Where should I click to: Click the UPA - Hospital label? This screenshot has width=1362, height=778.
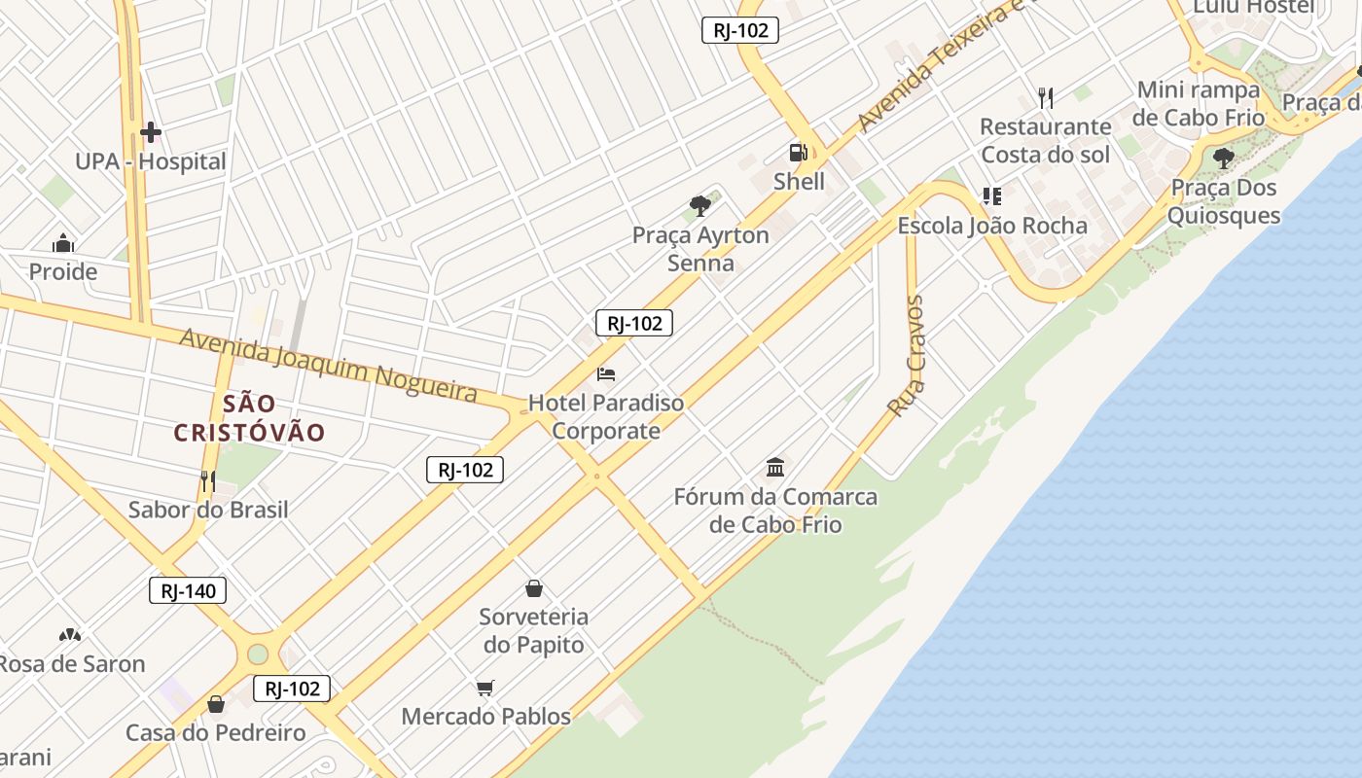[x=151, y=161]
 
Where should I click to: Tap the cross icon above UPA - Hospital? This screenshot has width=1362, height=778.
[x=151, y=131]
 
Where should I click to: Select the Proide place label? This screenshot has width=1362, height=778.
[x=63, y=271]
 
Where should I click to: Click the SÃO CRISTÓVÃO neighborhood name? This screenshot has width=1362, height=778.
[x=249, y=418]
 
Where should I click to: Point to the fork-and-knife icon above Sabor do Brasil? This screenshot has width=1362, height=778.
[x=207, y=480]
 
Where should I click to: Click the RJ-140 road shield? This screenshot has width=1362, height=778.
[x=188, y=590]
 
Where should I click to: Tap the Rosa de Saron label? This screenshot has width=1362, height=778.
[x=72, y=664]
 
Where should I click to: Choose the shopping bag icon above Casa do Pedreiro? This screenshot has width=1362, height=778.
[x=216, y=703]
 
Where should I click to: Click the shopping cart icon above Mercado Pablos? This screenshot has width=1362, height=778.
[x=485, y=688]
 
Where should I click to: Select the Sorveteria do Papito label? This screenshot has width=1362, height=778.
[x=534, y=630]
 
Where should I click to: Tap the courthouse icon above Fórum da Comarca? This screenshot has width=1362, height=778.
[x=775, y=468]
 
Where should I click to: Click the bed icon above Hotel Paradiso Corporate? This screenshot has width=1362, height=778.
[x=606, y=373]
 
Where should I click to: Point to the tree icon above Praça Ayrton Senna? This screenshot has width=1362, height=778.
[x=699, y=205]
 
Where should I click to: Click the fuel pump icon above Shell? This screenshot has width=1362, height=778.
[x=799, y=152]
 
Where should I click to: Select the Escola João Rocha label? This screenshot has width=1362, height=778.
[x=992, y=226]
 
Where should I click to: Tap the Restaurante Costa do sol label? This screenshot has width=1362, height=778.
[x=1045, y=140]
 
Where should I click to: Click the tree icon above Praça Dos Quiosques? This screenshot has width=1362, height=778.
[x=1224, y=158]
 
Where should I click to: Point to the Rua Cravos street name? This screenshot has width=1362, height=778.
[x=907, y=356]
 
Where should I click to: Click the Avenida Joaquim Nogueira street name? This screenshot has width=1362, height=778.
[x=329, y=365]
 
